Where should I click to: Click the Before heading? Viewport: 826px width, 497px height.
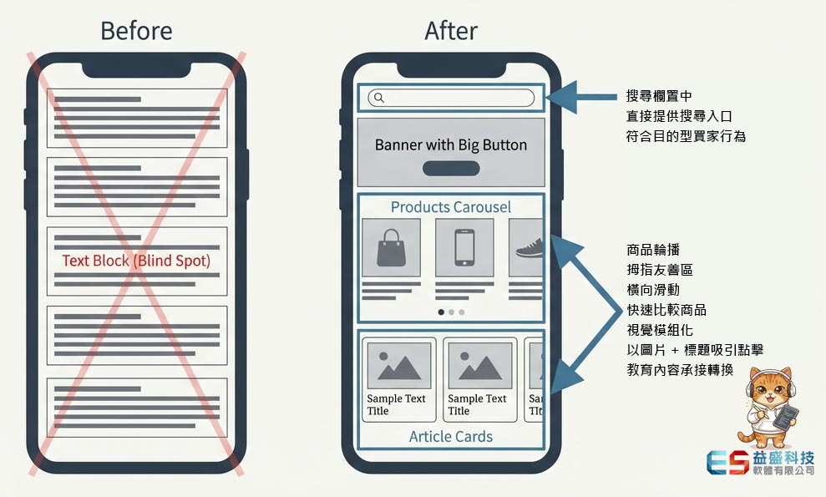136,32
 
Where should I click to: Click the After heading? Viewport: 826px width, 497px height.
451,32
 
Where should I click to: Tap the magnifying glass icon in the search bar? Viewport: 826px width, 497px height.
378,98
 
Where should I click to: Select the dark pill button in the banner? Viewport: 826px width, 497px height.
451,169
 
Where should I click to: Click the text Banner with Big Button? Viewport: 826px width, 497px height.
451,145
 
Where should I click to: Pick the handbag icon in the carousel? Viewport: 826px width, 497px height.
390,247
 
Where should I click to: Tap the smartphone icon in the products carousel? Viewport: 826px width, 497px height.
464,247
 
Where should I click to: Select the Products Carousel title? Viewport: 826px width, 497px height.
451,207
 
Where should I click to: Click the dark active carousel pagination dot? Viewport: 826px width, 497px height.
441,312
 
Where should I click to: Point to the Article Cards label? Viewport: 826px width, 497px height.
451,436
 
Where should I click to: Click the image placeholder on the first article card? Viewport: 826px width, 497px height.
398,365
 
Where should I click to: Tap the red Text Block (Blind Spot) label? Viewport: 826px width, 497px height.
136,261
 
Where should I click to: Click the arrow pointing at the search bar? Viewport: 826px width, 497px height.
576,98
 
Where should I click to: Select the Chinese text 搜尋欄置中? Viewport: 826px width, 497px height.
659,97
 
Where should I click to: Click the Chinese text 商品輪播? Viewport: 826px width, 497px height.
653,250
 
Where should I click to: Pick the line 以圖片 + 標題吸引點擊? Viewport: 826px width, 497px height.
695,350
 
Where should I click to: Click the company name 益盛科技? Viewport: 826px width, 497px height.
783,458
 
